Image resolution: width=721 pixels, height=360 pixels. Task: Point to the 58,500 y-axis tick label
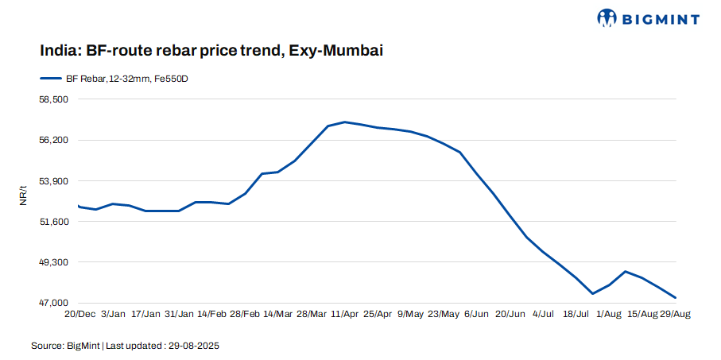tap(55, 99)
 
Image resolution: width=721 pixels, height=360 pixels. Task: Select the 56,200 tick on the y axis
tap(55, 140)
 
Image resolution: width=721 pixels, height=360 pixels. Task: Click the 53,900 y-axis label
tap(55, 181)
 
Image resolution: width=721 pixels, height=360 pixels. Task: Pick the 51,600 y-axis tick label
tap(55, 222)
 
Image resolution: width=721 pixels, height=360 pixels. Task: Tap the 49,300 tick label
tap(55, 262)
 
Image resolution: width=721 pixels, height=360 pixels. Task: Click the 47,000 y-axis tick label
tap(55, 303)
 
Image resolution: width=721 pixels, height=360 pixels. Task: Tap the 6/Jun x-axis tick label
tap(476, 315)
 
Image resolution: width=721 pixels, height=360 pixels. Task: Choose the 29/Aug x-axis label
tap(675, 315)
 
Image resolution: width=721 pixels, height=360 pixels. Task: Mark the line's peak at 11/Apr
tap(344, 122)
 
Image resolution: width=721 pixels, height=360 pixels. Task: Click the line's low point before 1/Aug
tap(593, 293)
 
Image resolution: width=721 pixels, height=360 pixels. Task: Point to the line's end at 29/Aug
tap(675, 297)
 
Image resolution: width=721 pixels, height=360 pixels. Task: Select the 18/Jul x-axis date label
tap(576, 315)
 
